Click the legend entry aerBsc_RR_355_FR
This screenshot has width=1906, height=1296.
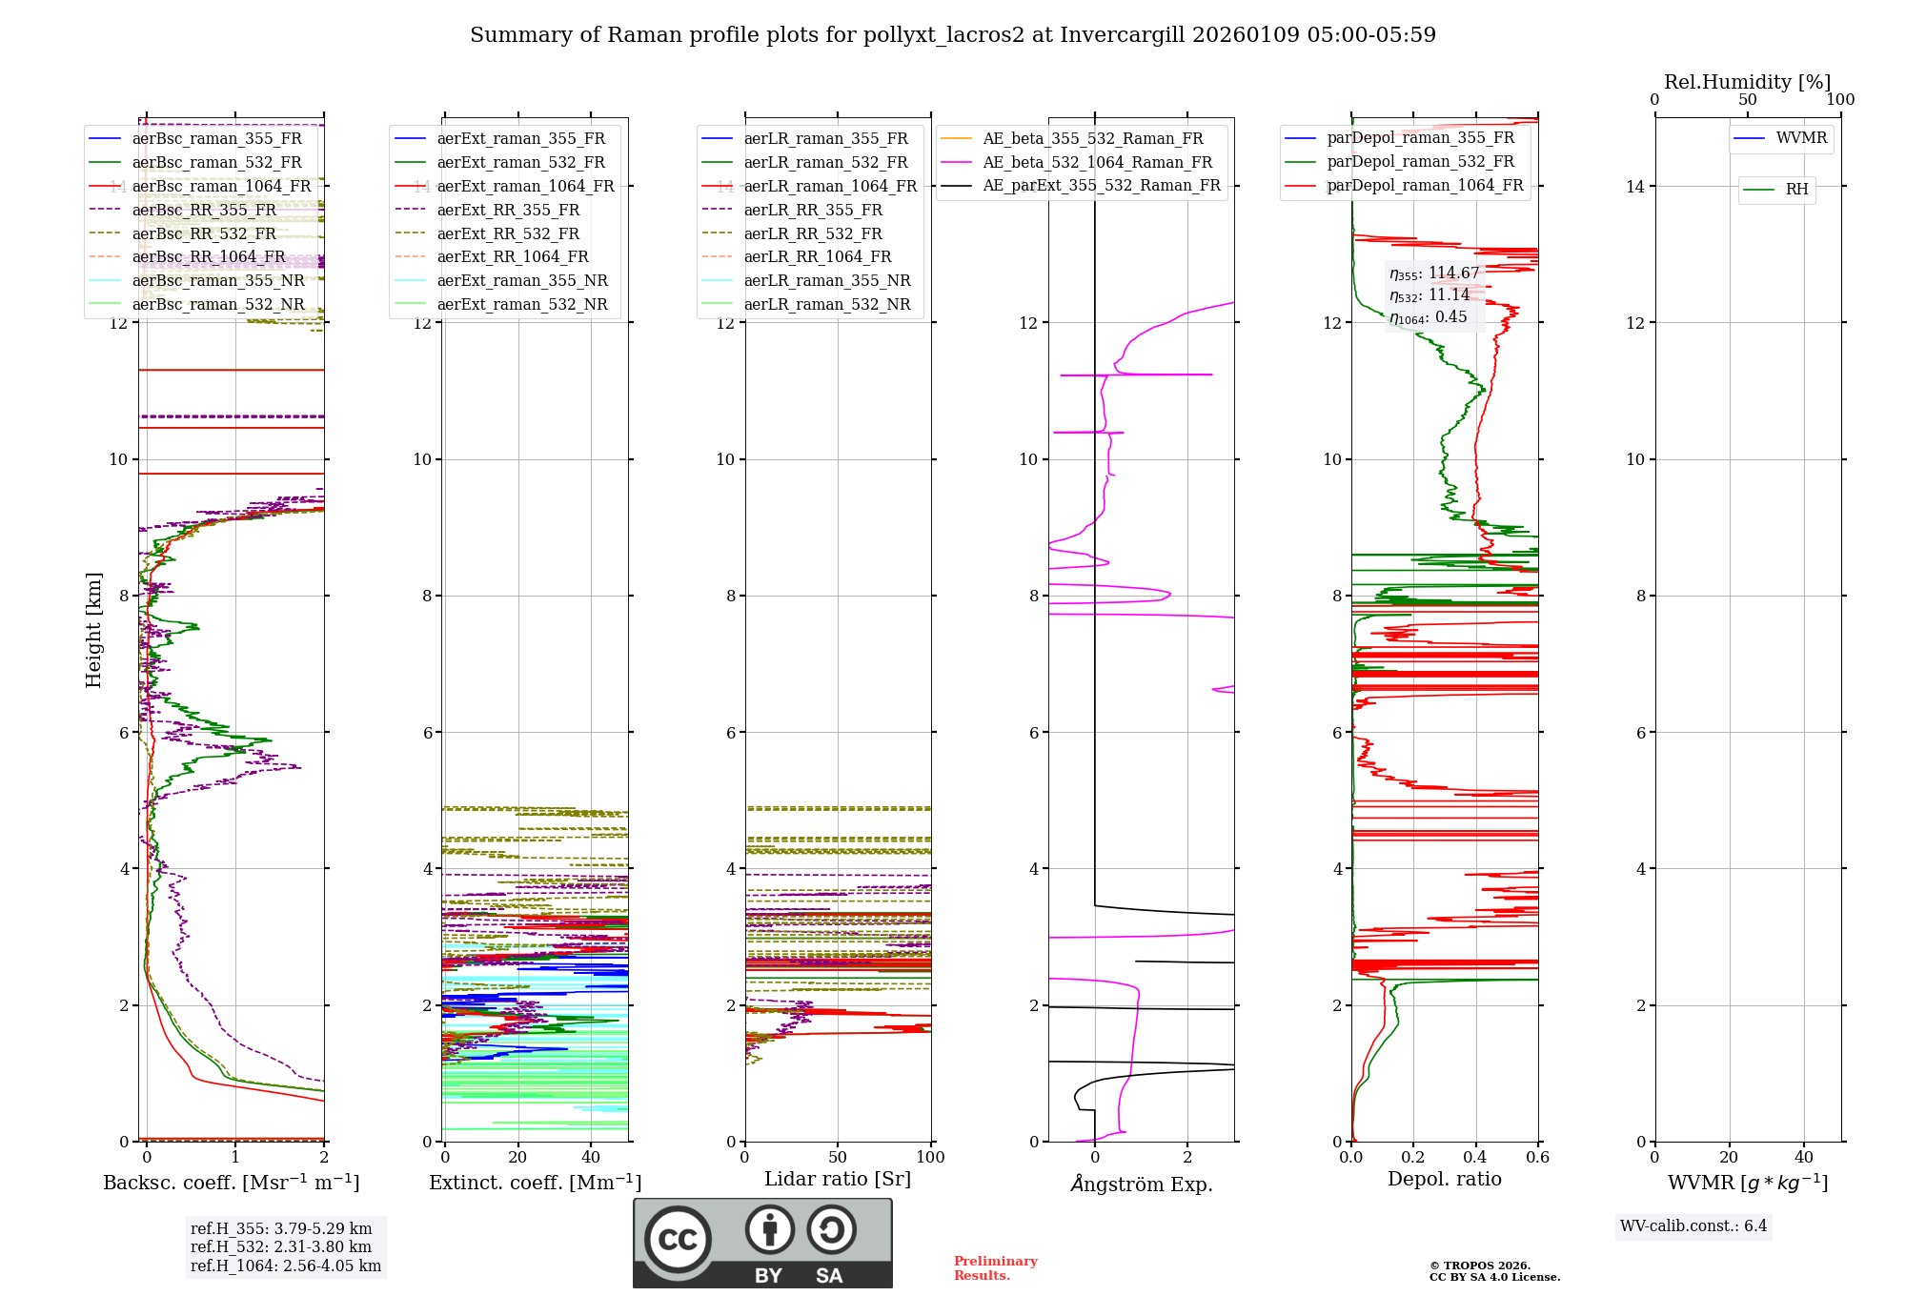204,210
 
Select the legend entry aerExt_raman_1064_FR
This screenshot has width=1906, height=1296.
525,186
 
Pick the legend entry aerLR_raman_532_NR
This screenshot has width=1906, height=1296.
826,304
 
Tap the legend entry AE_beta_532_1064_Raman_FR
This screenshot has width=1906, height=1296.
1097,162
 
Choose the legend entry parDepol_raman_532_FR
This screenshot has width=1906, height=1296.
1420,162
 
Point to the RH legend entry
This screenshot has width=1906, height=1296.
1796,190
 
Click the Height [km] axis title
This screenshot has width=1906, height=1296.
93,629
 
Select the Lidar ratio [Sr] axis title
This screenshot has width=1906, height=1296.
838,1179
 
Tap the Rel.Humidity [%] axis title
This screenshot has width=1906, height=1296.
1747,82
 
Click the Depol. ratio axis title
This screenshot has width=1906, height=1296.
1444,1179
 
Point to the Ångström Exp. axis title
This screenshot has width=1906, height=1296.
1141,1185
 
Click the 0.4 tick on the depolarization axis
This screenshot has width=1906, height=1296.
1475,1157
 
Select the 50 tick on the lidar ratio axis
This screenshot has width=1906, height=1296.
838,1157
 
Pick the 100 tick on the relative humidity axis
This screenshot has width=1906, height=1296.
1840,99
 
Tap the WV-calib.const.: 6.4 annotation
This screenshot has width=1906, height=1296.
1693,1225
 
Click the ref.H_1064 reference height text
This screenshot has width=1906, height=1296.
285,1266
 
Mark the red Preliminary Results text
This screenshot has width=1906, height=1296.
995,1267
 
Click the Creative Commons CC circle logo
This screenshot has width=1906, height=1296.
678,1239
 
